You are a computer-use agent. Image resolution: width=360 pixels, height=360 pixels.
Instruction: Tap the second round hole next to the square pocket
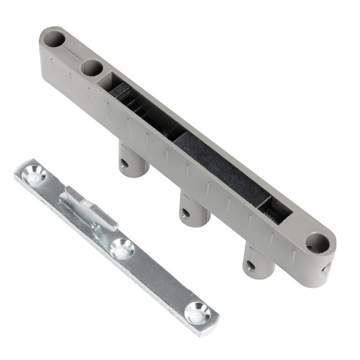91,69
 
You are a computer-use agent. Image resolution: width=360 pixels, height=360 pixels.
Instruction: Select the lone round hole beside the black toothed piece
316,243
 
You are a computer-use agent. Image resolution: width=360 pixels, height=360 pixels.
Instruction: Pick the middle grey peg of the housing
194,209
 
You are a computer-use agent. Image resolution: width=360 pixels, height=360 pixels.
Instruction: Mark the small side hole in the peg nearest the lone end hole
251,265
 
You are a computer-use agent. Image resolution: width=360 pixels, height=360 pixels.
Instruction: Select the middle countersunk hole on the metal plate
121,248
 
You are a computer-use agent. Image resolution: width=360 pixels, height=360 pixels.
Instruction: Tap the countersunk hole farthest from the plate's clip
198,313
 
